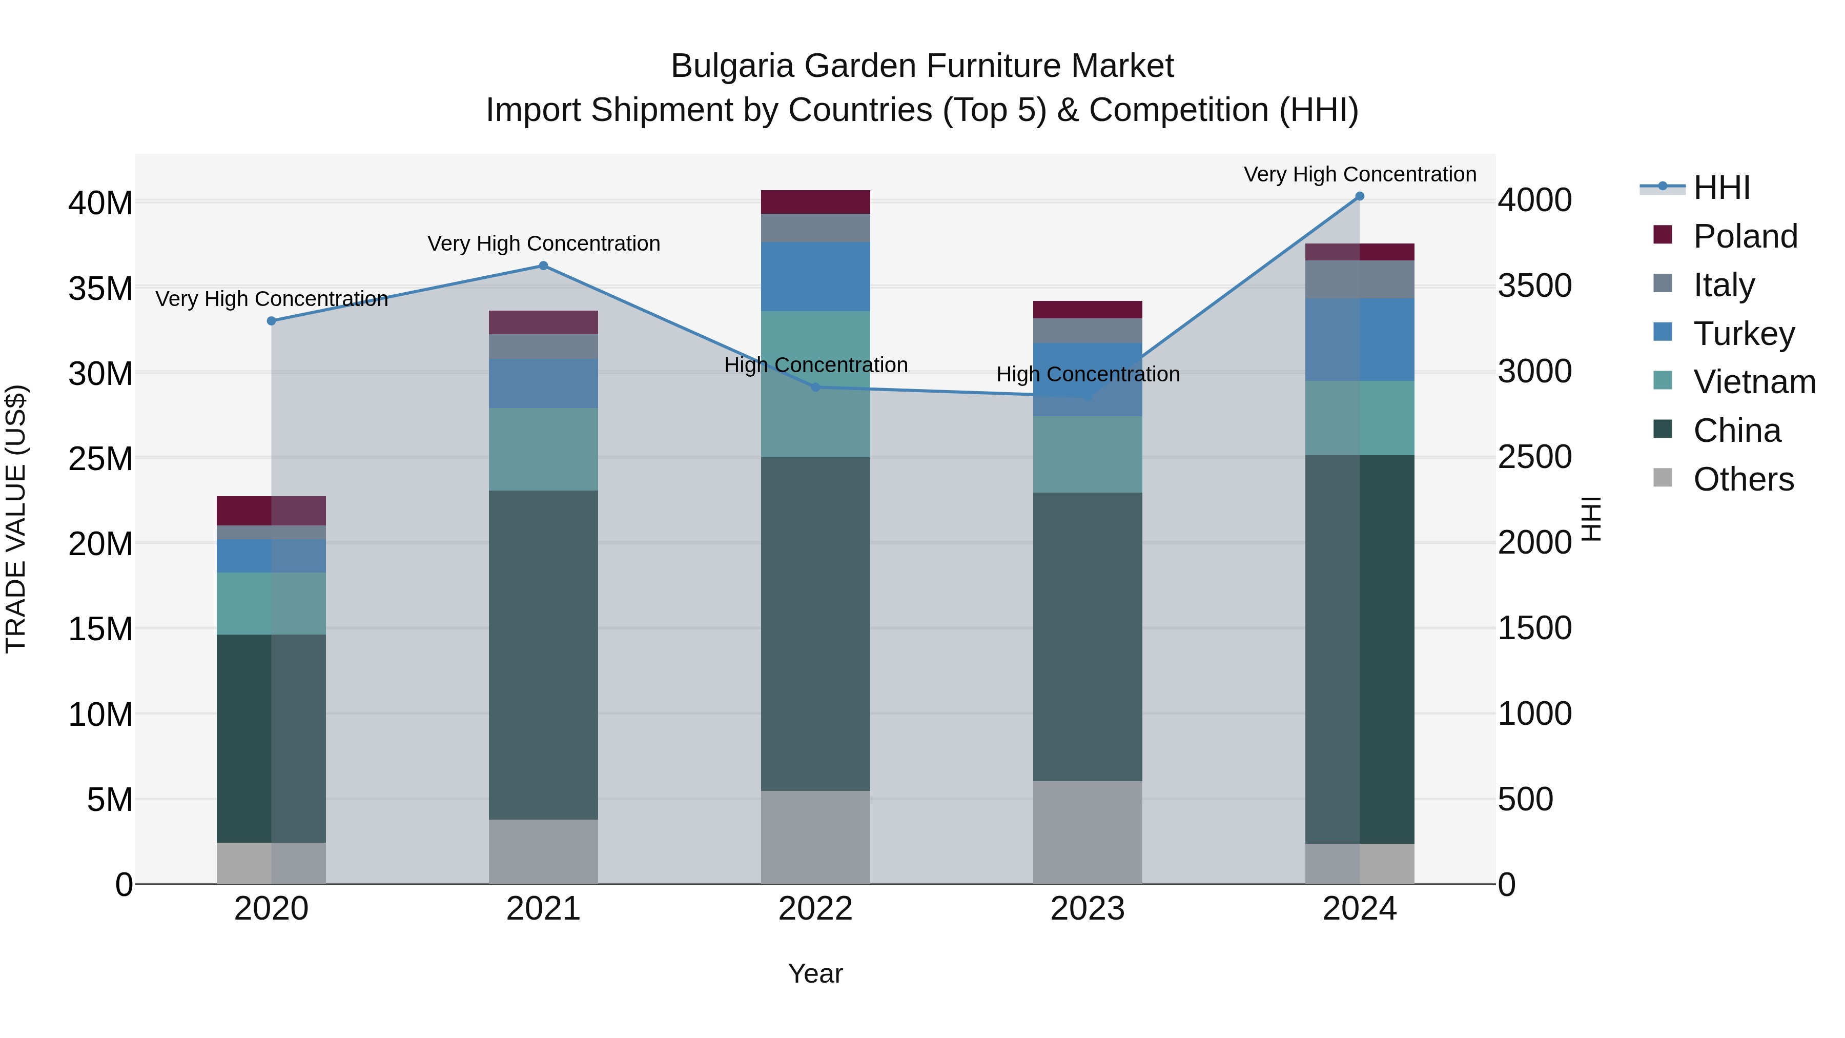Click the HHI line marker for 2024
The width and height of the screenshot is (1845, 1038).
[x=1359, y=196]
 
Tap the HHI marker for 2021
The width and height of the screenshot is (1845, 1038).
[x=543, y=266]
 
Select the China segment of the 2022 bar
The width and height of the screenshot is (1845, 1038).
[x=815, y=623]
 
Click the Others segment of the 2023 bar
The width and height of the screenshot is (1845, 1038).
[x=1087, y=832]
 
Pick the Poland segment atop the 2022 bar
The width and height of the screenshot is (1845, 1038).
[x=815, y=202]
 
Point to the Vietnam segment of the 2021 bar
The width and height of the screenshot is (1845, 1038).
[x=543, y=449]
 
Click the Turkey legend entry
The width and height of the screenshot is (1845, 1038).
[x=1744, y=334]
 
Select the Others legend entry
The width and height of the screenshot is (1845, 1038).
[x=1744, y=479]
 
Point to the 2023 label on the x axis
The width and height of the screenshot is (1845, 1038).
[x=1087, y=909]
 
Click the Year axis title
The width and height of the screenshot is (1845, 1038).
[x=815, y=973]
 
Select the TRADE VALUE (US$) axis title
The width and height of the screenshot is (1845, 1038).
[x=16, y=519]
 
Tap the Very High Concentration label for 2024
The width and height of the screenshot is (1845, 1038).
[x=1359, y=175]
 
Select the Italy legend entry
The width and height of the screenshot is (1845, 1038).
[x=1723, y=285]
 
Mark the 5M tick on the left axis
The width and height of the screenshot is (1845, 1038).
[x=110, y=800]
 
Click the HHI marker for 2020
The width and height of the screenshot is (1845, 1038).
[x=272, y=321]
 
